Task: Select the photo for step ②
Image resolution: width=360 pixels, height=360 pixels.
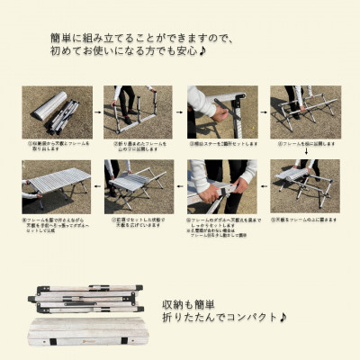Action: [x=133, y=112]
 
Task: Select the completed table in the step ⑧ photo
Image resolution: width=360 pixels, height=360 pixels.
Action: [x=54, y=185]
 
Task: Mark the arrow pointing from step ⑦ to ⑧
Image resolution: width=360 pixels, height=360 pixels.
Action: [x=96, y=187]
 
